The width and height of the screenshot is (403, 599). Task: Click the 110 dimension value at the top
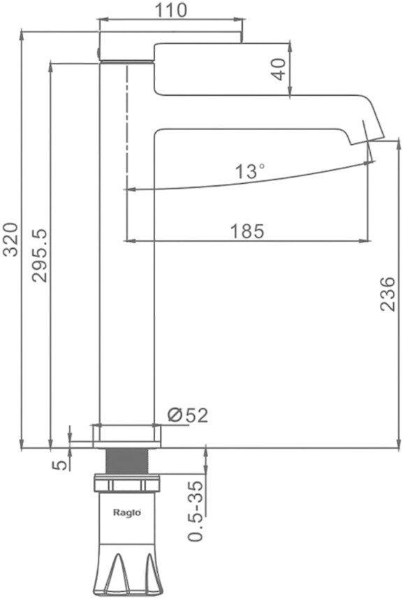tap(170, 10)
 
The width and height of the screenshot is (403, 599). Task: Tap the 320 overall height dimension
tap(10, 240)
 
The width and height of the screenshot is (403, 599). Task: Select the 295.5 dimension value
tap(39, 255)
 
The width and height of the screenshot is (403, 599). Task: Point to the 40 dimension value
tap(279, 68)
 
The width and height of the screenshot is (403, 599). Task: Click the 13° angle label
tap(250, 171)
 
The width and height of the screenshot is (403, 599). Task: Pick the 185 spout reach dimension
tap(247, 231)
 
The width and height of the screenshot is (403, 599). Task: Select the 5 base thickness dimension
tap(61, 465)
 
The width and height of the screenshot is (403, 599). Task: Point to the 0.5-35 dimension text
tap(195, 511)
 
